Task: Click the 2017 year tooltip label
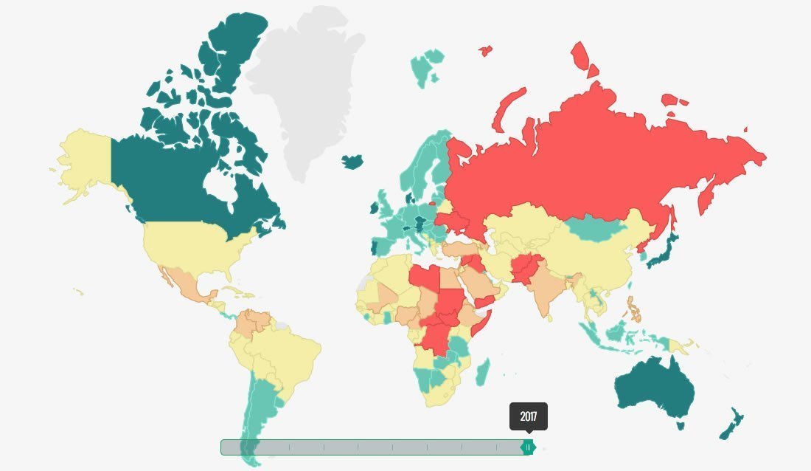[529, 416]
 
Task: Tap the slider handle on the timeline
[528, 447]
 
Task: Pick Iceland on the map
[353, 160]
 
